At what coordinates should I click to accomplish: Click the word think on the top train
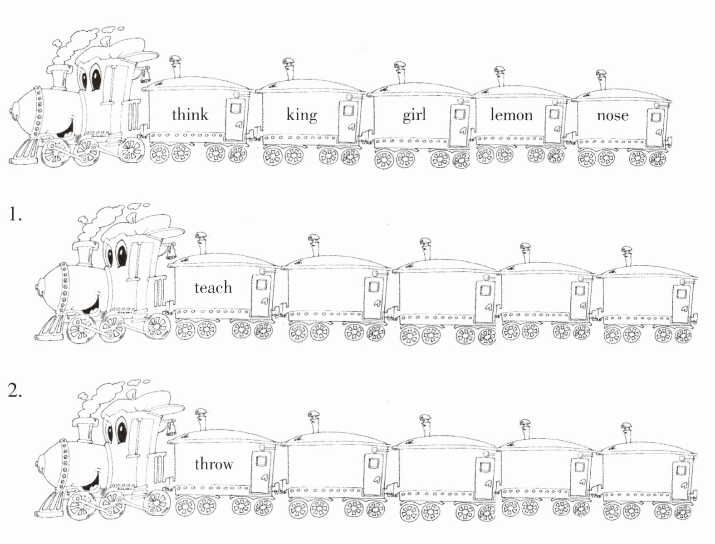[190, 115]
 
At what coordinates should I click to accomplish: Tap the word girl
[414, 115]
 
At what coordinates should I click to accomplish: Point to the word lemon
[511, 115]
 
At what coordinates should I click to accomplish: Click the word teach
[213, 288]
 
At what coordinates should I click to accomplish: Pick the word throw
[214, 464]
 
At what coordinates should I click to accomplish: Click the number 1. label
[15, 214]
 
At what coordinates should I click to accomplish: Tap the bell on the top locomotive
[145, 75]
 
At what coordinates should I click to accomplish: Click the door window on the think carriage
[235, 108]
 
